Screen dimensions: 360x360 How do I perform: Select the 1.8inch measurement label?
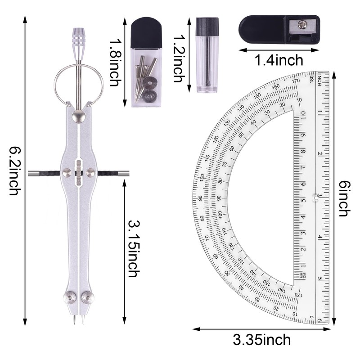tap(114, 63)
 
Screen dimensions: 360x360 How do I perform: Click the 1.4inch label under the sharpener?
tap(279, 60)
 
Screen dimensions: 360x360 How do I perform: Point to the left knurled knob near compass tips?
tap(70, 297)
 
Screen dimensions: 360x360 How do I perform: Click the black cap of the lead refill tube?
tap(207, 25)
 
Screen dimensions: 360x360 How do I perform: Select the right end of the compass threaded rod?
tap(125, 173)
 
